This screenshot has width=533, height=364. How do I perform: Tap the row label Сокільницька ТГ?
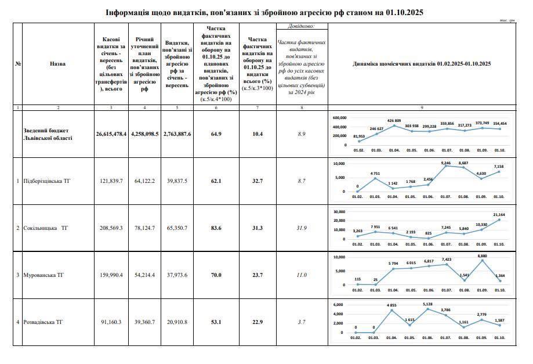click(46, 228)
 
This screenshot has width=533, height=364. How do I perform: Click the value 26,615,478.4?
click(111, 134)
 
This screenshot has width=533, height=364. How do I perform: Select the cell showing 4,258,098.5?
click(144, 134)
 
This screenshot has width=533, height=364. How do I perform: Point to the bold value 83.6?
click(216, 228)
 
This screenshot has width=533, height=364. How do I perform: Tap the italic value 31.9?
click(302, 228)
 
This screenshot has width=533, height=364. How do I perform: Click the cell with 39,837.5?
click(177, 181)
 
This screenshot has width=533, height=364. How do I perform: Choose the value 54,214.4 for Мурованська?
click(144, 275)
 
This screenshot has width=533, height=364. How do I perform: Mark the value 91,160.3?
click(111, 322)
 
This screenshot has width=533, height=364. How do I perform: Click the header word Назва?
click(58, 64)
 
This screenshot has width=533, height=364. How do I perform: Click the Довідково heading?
click(302, 26)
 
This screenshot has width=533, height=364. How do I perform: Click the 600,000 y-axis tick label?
click(340, 117)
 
